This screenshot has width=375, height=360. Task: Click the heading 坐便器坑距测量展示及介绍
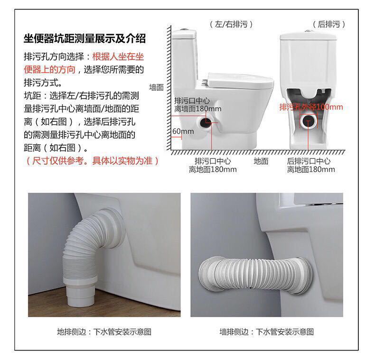84,38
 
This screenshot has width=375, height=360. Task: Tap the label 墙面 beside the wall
157,87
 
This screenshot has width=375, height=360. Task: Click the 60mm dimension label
183,131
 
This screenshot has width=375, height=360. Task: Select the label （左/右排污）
231,24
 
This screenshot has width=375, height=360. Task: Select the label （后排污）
329,24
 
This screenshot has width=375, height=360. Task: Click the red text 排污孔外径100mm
311,107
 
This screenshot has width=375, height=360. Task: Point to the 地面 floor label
261,161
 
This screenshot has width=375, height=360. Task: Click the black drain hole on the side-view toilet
205,122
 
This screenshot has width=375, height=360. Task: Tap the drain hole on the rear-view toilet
309,121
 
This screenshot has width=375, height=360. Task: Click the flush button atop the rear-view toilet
309,31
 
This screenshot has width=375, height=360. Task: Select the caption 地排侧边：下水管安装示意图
104,332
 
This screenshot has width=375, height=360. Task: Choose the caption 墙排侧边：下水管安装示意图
267,332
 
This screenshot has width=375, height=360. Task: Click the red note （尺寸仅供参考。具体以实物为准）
92,161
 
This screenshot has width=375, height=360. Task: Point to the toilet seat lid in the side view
240,80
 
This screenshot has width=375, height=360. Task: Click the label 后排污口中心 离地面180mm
311,165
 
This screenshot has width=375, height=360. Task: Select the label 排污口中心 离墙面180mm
197,105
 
